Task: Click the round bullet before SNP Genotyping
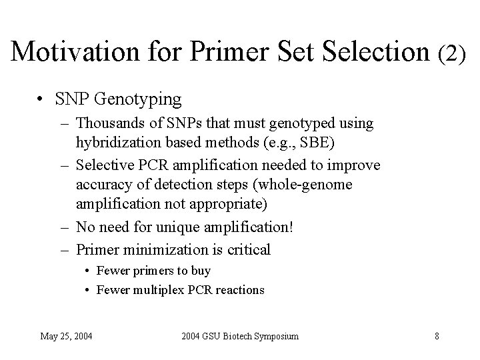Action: click(41, 100)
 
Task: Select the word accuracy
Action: click(101, 184)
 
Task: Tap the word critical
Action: click(248, 250)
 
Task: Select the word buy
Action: click(200, 271)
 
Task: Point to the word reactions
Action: click(239, 290)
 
